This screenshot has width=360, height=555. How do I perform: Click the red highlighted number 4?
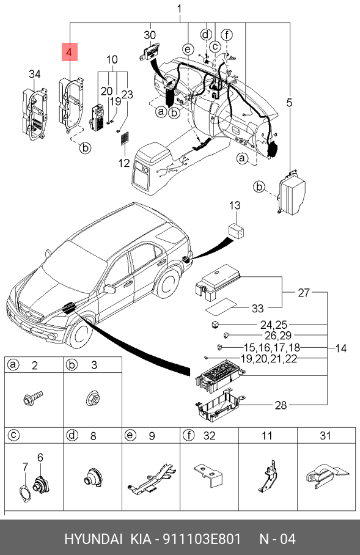[x=70, y=52]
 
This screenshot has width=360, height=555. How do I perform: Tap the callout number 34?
[x=34, y=75]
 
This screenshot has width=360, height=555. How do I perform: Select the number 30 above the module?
[x=150, y=35]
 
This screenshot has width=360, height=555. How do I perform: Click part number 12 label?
[x=124, y=163]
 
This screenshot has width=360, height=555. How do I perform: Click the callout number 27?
[x=304, y=293]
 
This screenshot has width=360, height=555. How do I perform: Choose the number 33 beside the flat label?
[x=258, y=308]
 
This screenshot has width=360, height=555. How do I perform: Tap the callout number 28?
[x=281, y=405]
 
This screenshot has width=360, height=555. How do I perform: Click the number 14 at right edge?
[x=340, y=348]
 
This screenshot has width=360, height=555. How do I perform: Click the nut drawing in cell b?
[x=92, y=398]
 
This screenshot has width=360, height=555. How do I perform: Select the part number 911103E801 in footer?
[x=202, y=539]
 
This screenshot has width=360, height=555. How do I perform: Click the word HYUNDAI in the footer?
[x=94, y=539]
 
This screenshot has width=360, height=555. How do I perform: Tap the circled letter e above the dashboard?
[x=188, y=50]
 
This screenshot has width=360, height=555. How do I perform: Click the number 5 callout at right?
[x=290, y=103]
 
